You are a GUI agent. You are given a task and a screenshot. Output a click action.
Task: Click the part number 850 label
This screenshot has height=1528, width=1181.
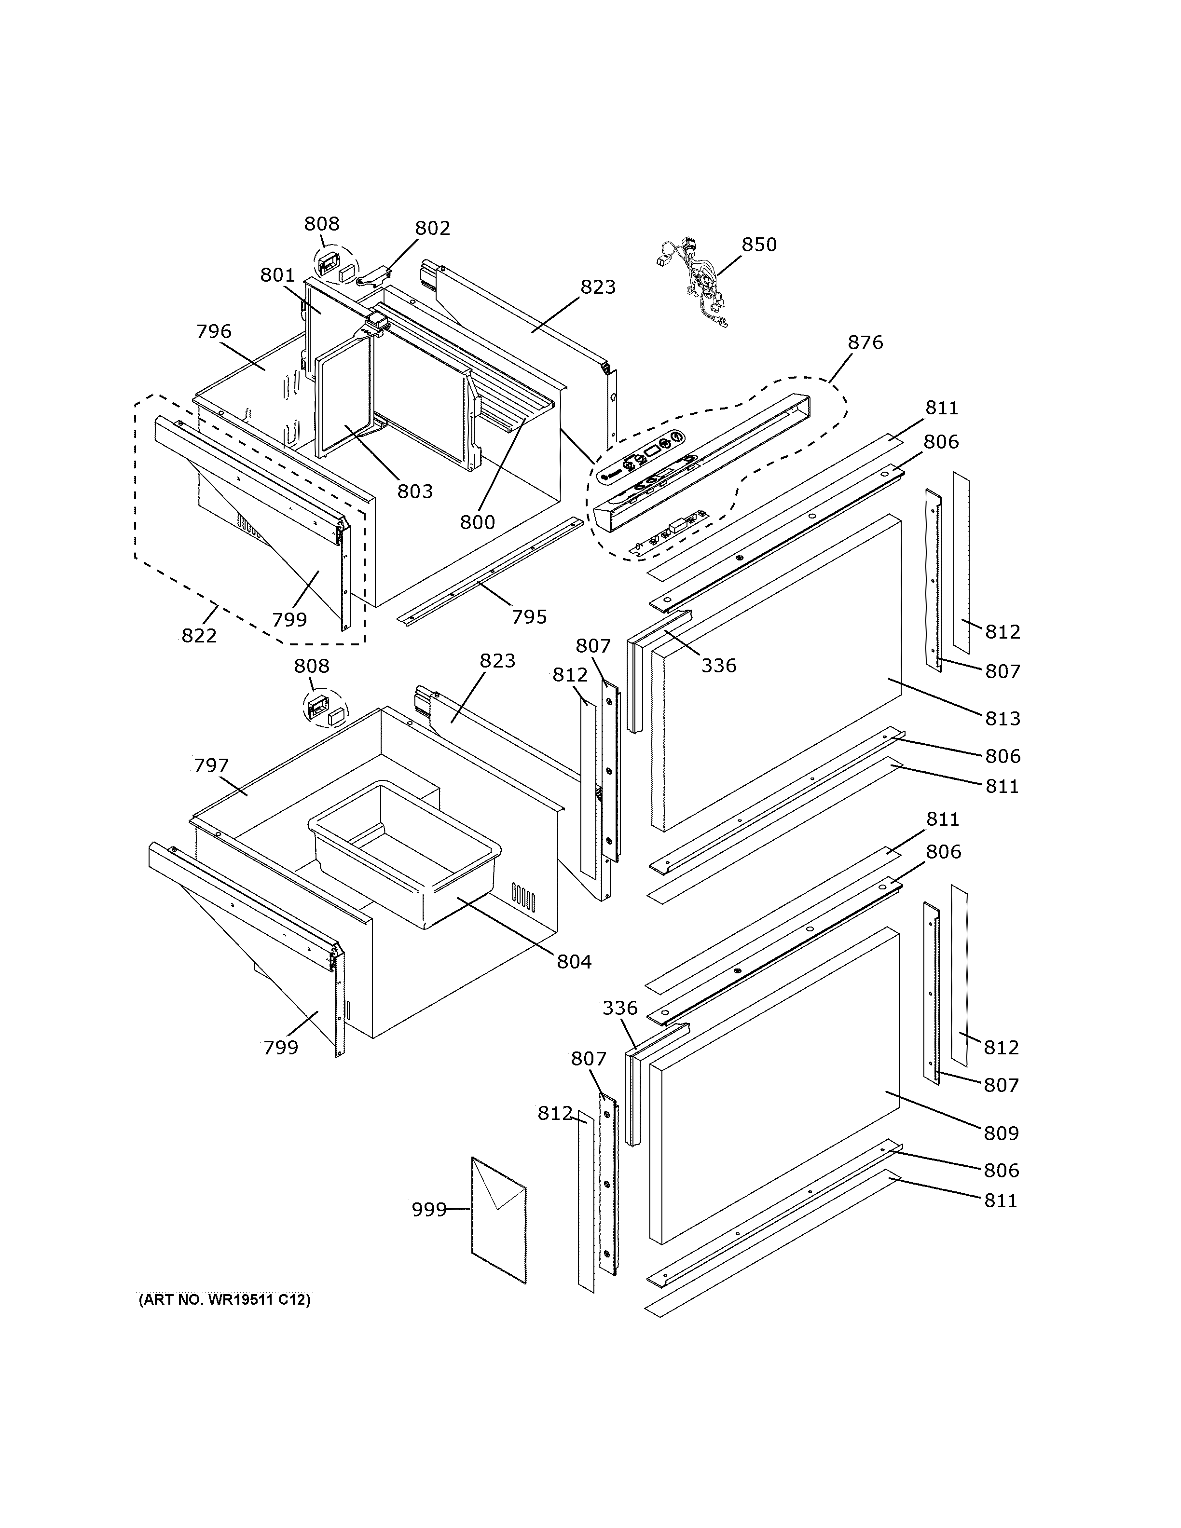click(x=759, y=245)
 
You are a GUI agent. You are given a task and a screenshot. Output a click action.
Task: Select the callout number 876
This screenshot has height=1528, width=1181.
click(x=865, y=343)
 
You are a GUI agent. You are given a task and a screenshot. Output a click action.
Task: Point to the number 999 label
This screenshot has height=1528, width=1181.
click(x=429, y=1209)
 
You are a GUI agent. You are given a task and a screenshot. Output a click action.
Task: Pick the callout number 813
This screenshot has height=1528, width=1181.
click(x=1002, y=719)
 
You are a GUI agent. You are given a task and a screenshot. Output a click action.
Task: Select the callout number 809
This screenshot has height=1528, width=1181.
click(x=1001, y=1132)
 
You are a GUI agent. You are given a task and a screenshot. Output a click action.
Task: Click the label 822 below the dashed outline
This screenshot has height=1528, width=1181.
click(x=199, y=636)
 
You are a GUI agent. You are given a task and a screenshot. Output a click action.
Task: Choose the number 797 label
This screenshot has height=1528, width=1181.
click(x=211, y=766)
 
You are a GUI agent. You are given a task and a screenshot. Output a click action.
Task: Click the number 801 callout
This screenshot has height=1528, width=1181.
click(x=278, y=276)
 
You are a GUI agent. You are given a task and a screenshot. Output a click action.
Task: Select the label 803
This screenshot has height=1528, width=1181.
click(x=415, y=492)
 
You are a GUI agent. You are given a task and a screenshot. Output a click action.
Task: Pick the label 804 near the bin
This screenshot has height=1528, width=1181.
click(x=575, y=962)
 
